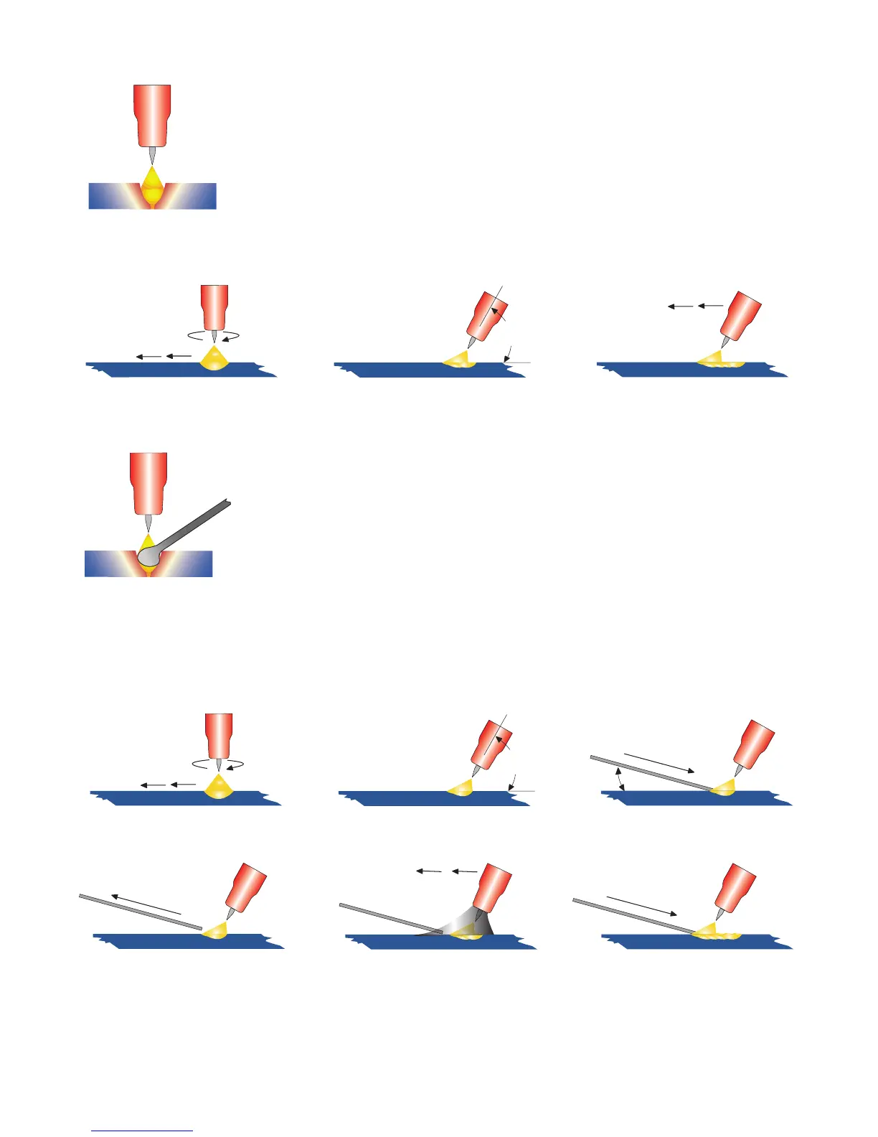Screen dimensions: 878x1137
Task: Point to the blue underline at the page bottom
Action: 142,1131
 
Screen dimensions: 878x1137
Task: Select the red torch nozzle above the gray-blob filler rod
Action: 148,481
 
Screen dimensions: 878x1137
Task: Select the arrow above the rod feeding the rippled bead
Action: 641,905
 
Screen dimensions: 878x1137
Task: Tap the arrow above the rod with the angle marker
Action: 658,762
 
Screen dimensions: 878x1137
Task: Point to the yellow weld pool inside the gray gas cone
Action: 466,935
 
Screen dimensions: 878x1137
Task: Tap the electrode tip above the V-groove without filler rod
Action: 152,154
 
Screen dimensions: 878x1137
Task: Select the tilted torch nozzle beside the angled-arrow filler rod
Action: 753,742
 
